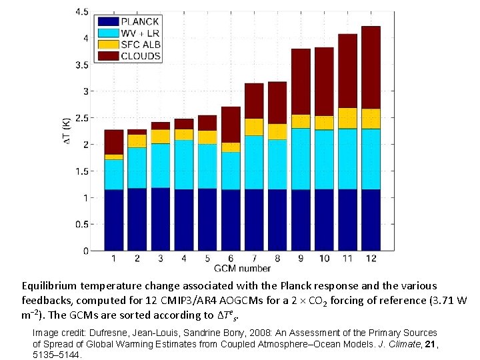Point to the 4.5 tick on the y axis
coord(81,12)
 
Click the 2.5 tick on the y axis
coord(81,118)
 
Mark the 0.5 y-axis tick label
coord(81,225)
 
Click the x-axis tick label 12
coord(371,259)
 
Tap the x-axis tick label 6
coord(231,259)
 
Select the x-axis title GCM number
coord(242,269)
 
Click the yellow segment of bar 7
coord(254,127)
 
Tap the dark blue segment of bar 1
coord(114,220)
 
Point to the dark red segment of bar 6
coord(231,124)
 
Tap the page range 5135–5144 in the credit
coord(57,355)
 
